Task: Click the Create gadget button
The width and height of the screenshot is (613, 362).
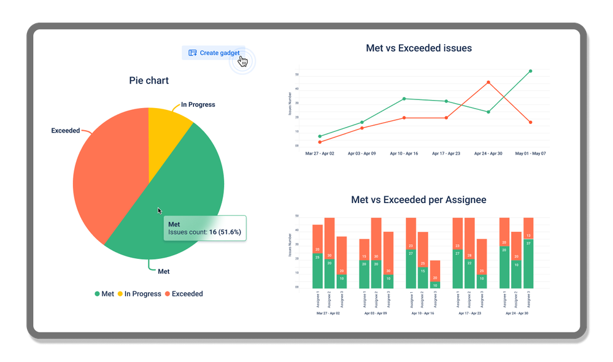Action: [214, 53]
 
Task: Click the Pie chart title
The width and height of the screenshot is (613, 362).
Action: [148, 80]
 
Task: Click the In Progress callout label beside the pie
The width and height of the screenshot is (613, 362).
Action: [198, 105]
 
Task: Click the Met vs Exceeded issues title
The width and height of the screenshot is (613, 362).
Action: [418, 48]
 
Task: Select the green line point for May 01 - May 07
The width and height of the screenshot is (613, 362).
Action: [530, 71]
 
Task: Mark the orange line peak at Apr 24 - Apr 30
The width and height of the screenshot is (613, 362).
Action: [488, 82]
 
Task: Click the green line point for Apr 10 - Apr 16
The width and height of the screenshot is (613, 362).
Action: [404, 99]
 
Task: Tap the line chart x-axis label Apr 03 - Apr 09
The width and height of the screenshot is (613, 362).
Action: [361, 153]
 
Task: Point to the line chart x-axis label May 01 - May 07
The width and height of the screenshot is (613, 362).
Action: [530, 153]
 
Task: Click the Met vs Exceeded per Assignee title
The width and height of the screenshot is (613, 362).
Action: [418, 200]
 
